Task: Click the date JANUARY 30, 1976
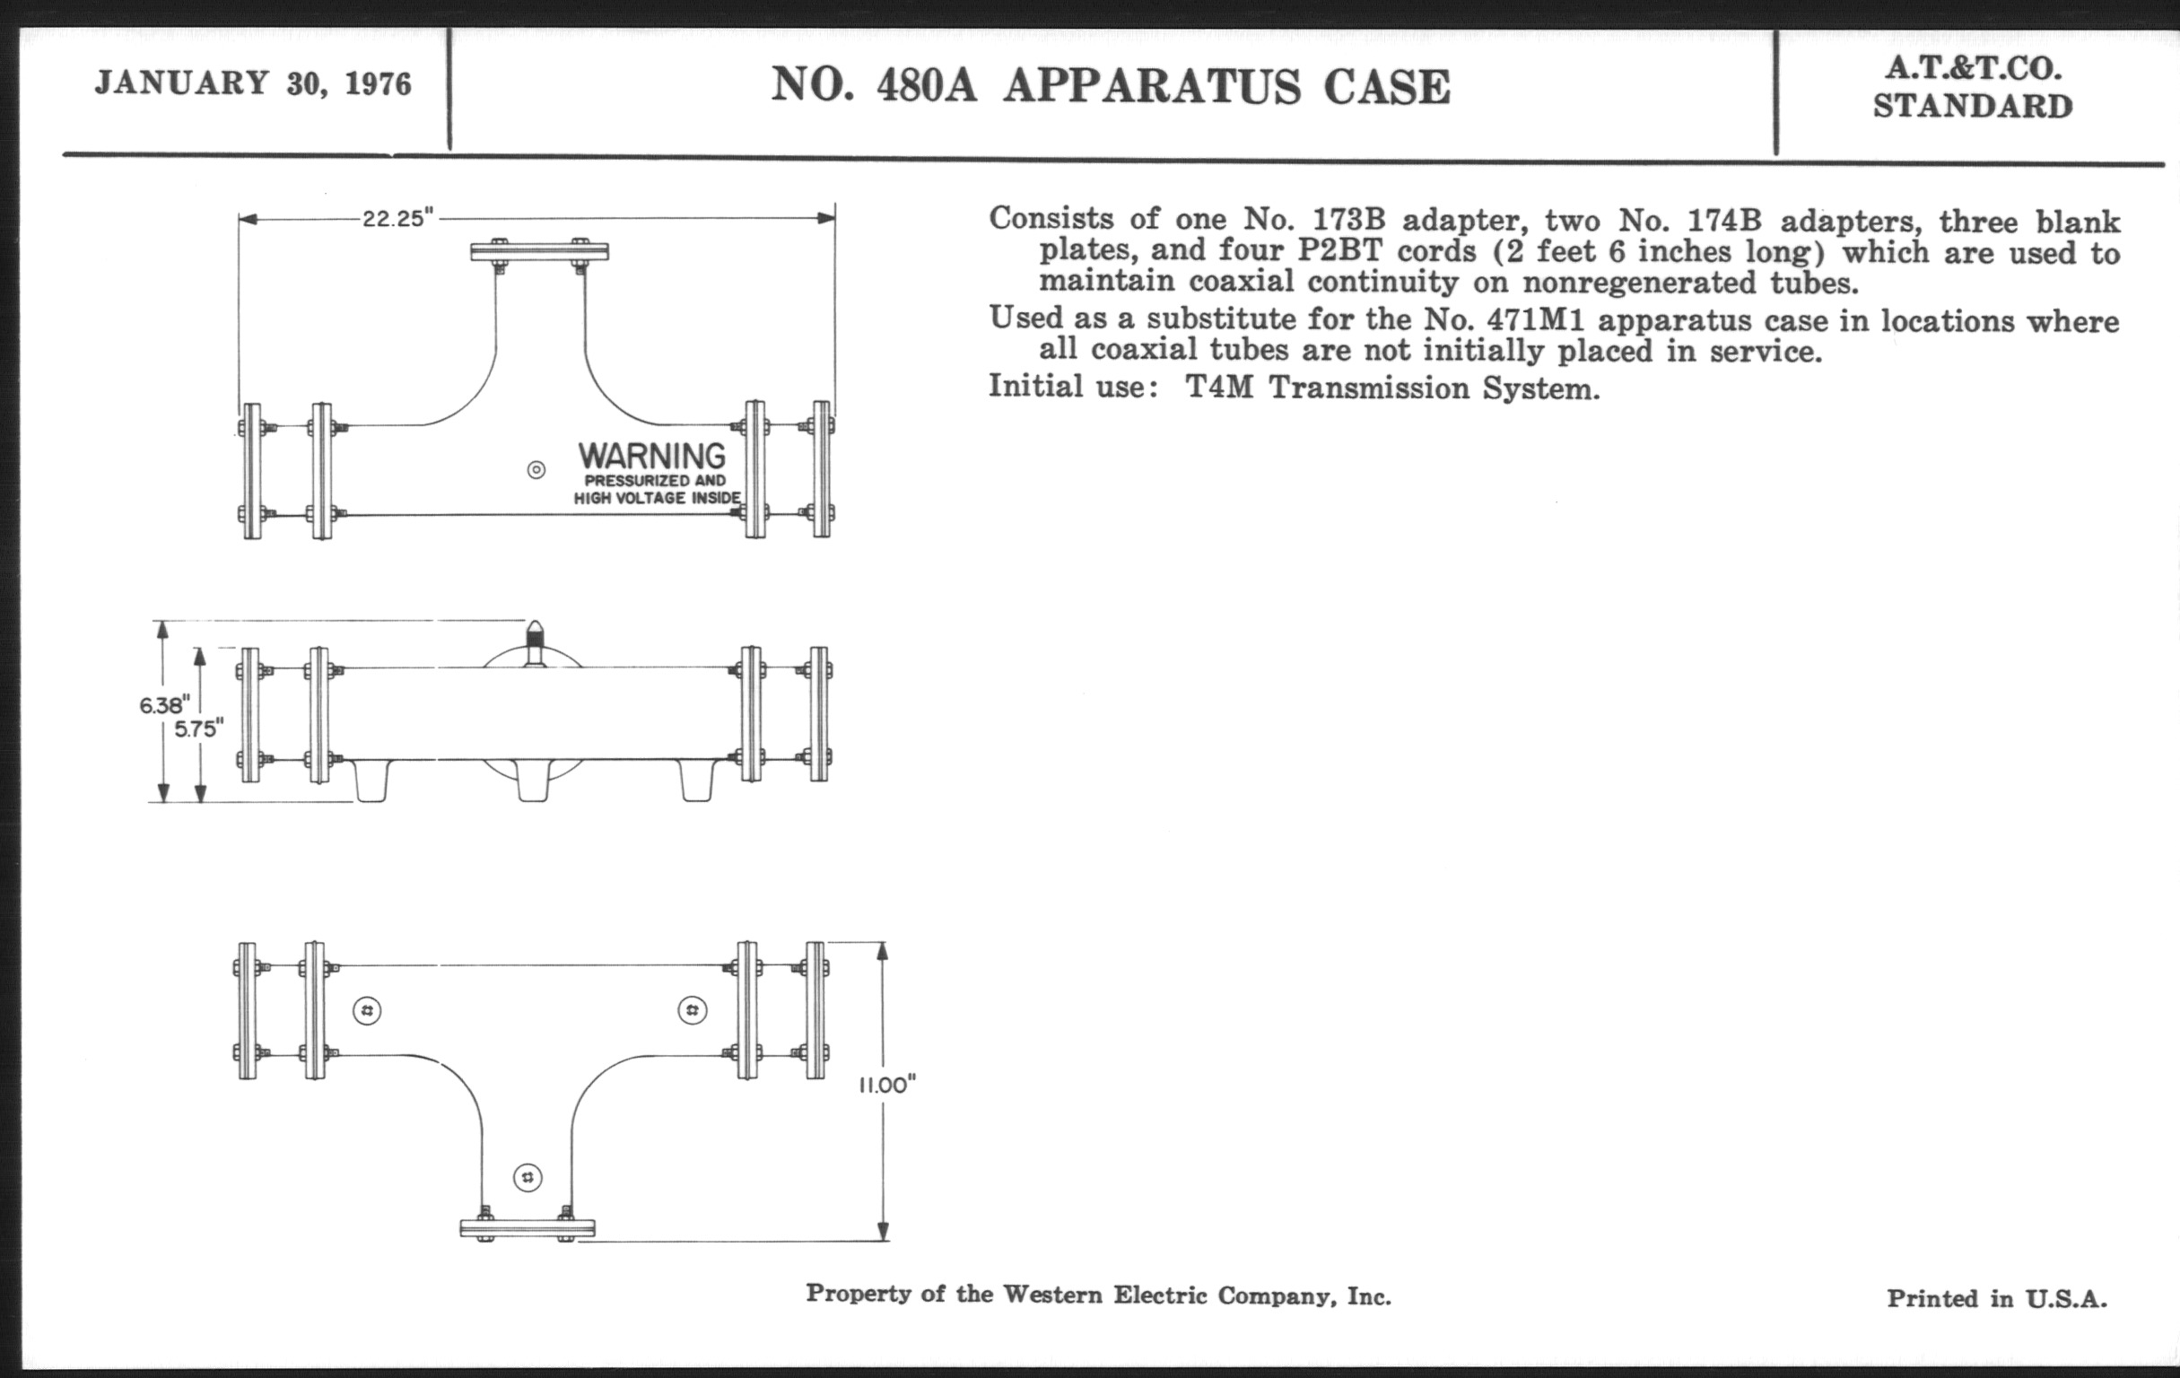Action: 253,84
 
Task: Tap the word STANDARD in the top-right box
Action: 1973,107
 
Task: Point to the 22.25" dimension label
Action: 398,219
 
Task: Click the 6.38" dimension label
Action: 164,705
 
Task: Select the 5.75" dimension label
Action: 198,729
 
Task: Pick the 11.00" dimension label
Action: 887,1086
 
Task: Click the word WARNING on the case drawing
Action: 652,456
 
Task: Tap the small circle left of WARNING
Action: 536,470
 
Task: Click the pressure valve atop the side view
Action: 535,641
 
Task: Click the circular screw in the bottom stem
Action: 528,1178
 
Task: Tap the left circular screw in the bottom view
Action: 367,1010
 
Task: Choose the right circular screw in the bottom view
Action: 693,1009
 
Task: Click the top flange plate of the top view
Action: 539,252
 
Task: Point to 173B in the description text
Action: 1347,219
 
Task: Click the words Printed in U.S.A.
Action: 1996,1299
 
